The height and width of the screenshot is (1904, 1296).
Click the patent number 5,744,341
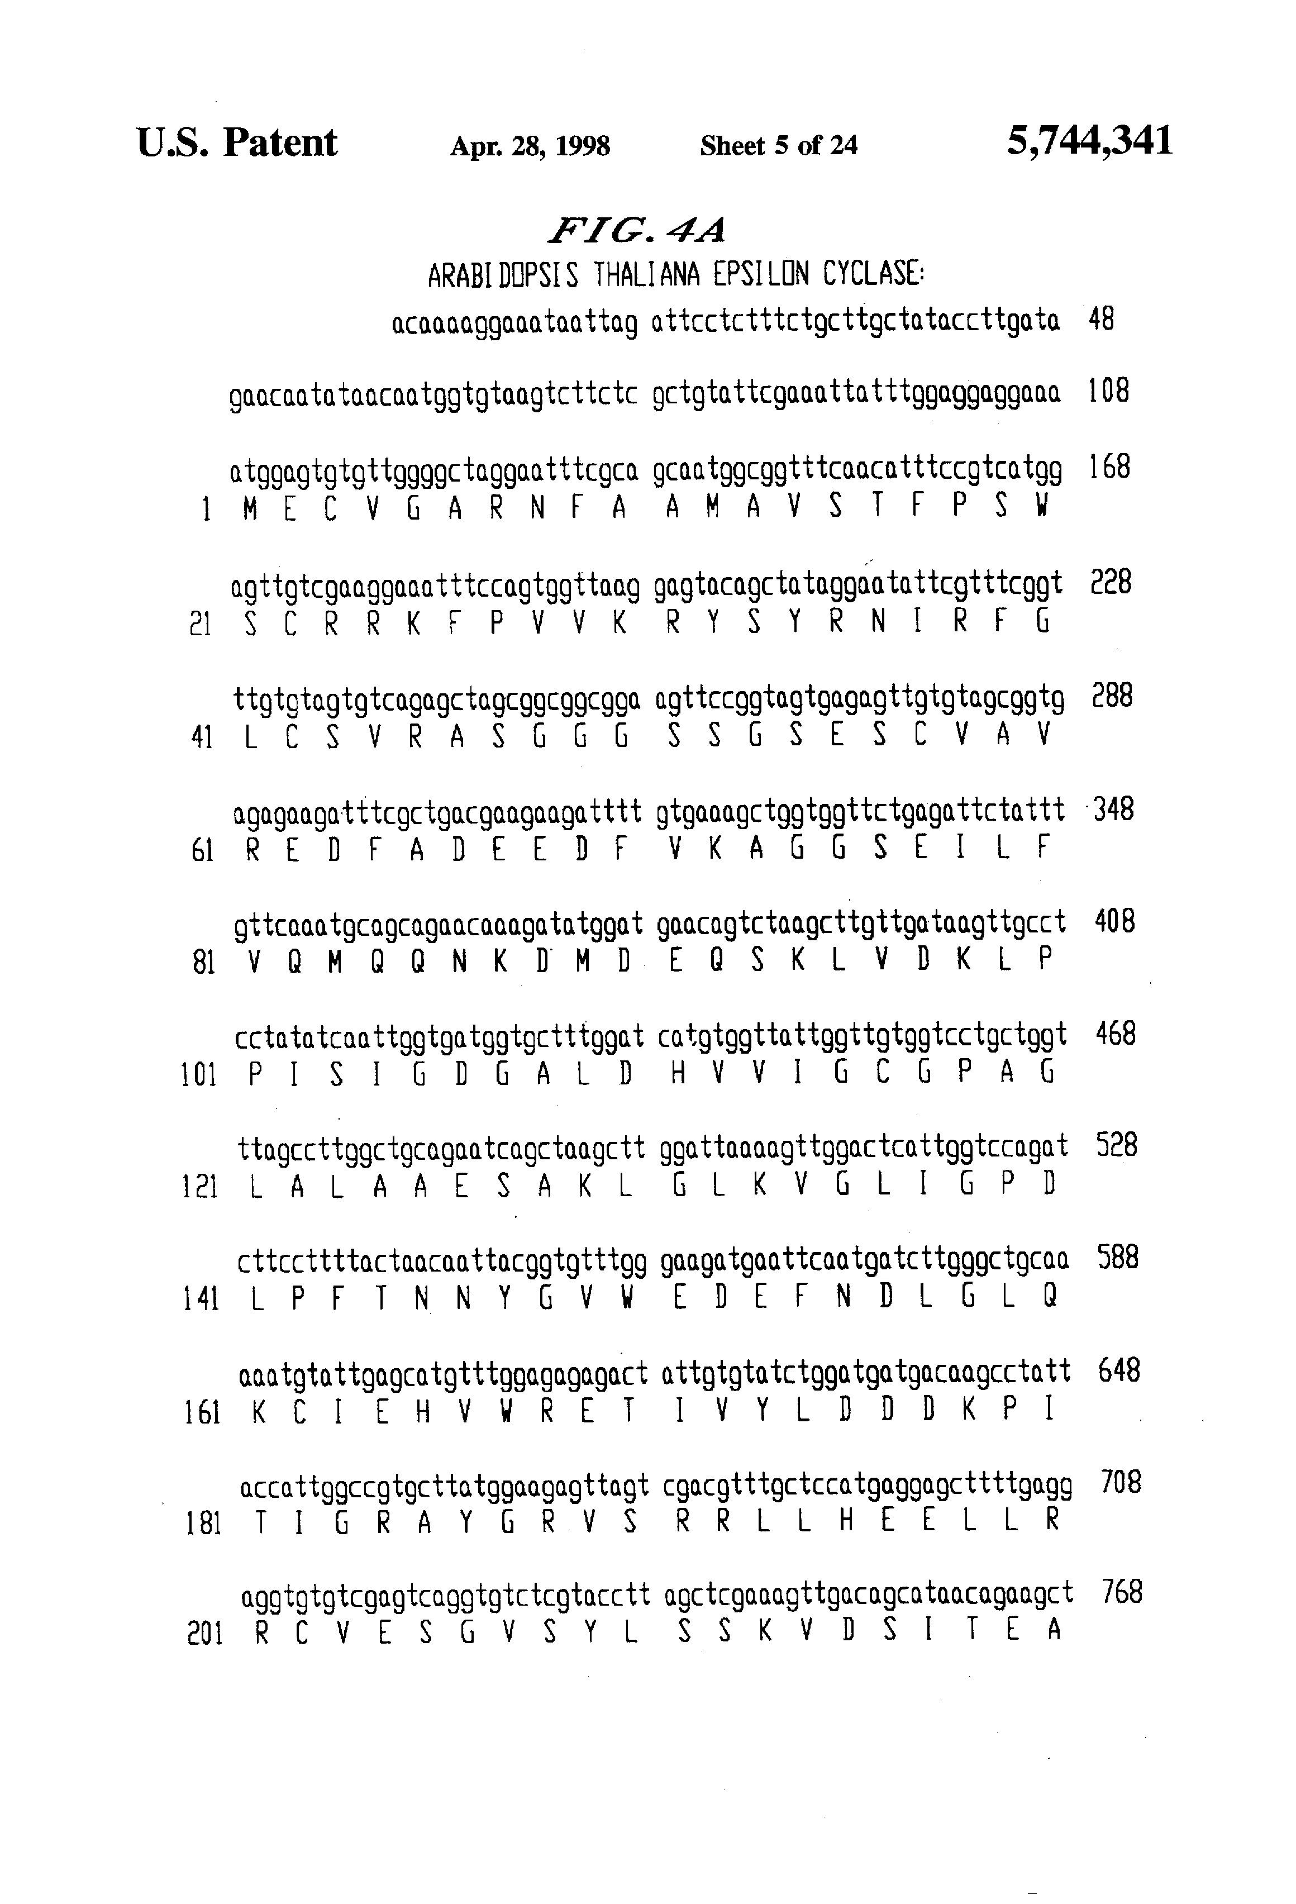[x=1089, y=141]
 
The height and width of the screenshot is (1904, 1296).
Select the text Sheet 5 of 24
[x=778, y=146]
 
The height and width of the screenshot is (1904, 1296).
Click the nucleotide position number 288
[x=1113, y=696]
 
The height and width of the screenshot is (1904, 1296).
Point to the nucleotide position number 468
[x=1115, y=1034]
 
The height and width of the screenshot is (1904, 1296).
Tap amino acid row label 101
[x=198, y=1074]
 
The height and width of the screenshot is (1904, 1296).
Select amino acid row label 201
[x=205, y=1633]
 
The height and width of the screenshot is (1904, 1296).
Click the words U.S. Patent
[x=237, y=142]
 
